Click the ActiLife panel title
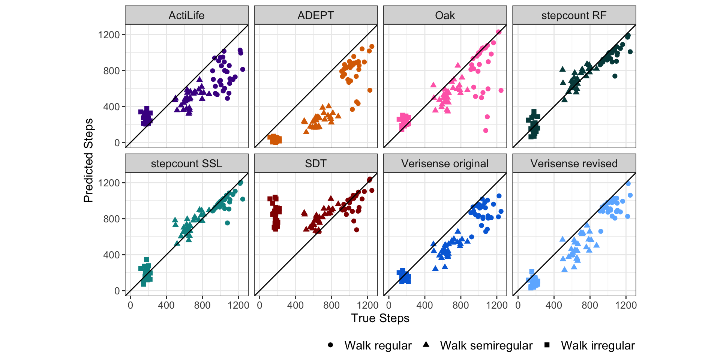coord(186,15)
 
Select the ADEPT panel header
coord(315,15)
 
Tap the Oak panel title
coord(445,15)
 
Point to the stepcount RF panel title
coord(574,15)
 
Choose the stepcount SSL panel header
coord(186,163)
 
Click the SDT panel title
coord(315,163)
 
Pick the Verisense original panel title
coord(445,163)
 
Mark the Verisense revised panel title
coord(574,163)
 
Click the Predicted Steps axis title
coord(88,160)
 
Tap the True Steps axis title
coord(380,318)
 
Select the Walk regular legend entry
coord(378,345)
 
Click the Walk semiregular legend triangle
coord(426,345)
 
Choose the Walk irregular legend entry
coord(597,345)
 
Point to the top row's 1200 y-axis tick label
coord(109,35)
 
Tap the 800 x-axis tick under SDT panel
coord(331,305)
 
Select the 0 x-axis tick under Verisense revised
coord(518,305)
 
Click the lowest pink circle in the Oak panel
coord(486,130)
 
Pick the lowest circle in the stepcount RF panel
coord(615,76)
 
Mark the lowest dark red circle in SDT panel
coord(356,230)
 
